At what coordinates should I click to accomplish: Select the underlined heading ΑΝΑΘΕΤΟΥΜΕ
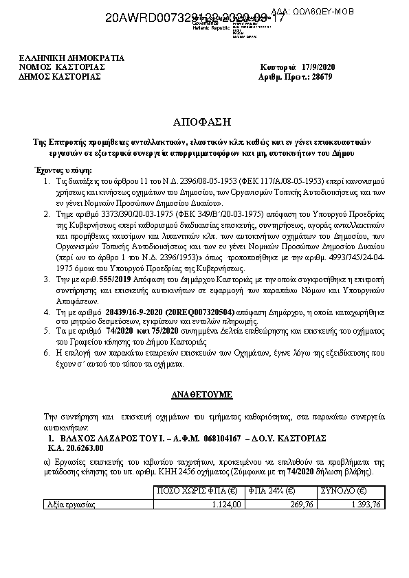click(x=202, y=396)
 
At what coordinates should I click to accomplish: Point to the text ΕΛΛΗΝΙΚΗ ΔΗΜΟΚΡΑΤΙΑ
click(x=71, y=58)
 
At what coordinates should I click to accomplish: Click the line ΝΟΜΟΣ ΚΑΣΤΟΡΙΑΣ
click(x=62, y=67)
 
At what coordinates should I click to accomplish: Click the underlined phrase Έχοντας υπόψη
click(x=63, y=170)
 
